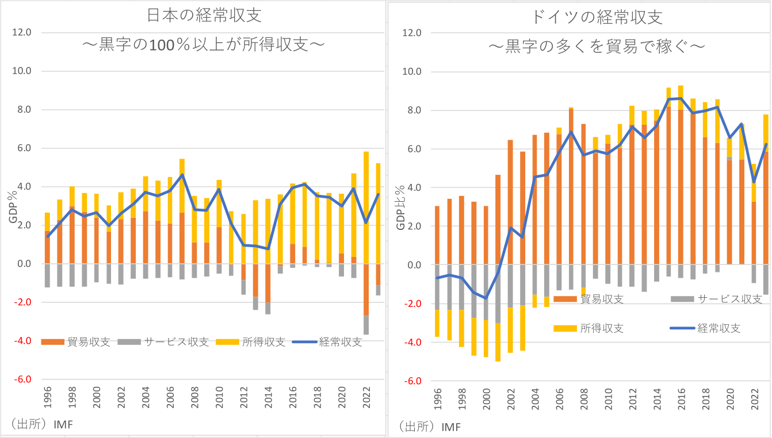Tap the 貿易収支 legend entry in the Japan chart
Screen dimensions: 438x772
(78, 341)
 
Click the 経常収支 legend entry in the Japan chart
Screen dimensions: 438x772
(327, 341)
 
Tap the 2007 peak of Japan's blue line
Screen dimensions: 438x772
(182, 175)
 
